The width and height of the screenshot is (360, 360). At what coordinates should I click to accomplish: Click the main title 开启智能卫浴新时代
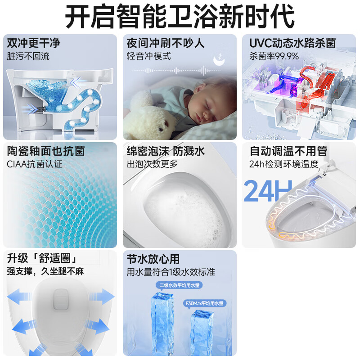[x=180, y=17]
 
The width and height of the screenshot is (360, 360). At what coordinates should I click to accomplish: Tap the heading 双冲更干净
[x=34, y=43]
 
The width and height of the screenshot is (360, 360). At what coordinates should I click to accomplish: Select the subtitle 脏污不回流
[x=28, y=56]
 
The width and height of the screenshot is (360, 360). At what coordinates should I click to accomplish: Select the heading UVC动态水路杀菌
[x=292, y=43]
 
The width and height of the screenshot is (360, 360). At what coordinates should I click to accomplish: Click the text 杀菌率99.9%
[x=274, y=56]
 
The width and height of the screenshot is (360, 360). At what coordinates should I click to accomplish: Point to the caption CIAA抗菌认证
[x=35, y=164]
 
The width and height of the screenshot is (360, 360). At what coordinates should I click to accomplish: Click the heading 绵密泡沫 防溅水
[x=166, y=151]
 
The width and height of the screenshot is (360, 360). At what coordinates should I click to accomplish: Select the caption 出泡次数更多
[x=153, y=164]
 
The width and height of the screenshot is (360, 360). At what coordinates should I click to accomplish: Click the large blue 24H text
[x=267, y=191]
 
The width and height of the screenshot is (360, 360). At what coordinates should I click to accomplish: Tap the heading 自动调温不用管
[x=288, y=151]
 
